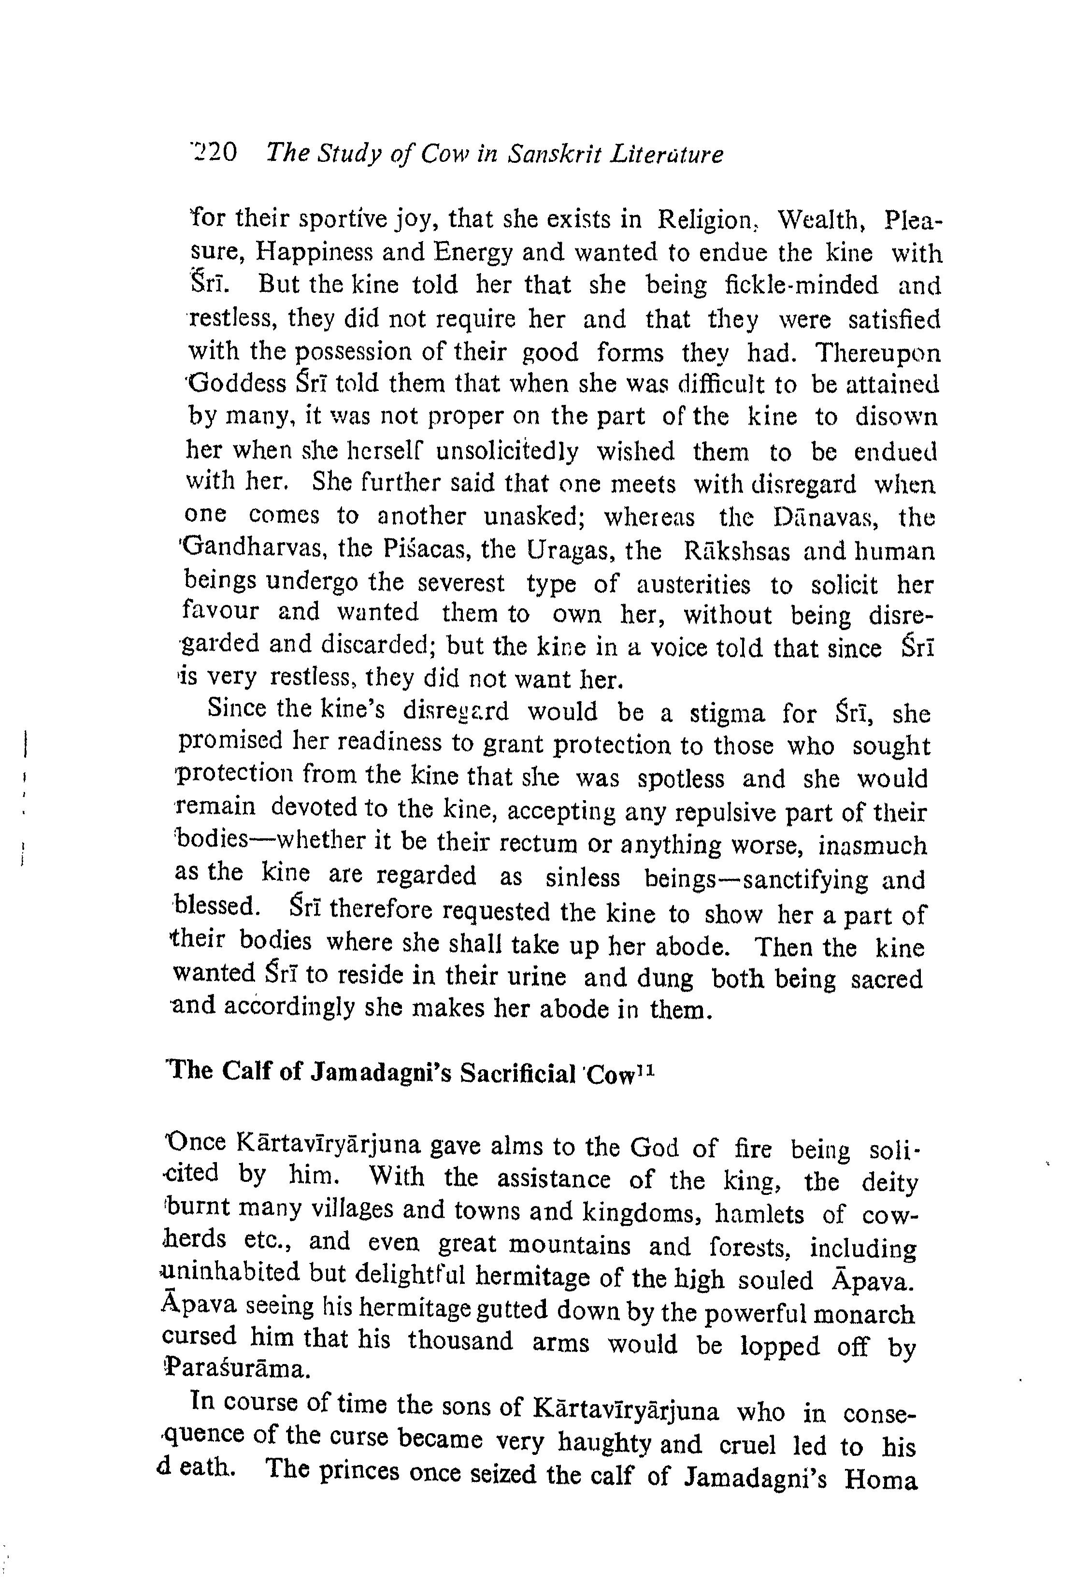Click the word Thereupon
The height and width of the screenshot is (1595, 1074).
point(879,353)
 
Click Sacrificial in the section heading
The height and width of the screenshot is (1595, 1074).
point(518,1075)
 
